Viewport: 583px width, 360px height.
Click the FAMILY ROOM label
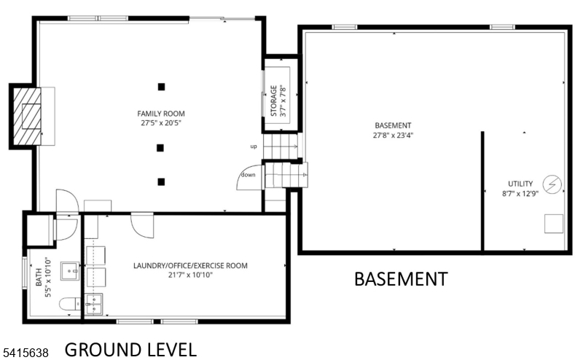(x=161, y=114)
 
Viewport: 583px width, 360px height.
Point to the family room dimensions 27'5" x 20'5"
(x=161, y=123)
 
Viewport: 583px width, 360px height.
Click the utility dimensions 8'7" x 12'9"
(x=520, y=194)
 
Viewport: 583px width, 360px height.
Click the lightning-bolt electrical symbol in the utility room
(x=552, y=185)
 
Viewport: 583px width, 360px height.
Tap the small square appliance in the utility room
(x=555, y=224)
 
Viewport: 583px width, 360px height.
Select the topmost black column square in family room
(x=161, y=87)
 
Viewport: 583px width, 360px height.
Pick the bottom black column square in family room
(x=161, y=181)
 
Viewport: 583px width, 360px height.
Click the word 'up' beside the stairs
(x=254, y=146)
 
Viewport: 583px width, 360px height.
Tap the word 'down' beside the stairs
(x=249, y=175)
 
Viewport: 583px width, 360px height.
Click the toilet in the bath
(x=67, y=305)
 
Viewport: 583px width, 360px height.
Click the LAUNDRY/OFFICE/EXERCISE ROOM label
(x=190, y=266)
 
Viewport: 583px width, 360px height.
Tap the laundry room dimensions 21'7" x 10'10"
(x=190, y=275)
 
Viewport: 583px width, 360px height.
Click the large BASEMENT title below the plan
(x=400, y=278)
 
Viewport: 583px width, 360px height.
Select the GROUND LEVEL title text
(x=130, y=349)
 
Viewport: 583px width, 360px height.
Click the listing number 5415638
(x=26, y=352)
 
